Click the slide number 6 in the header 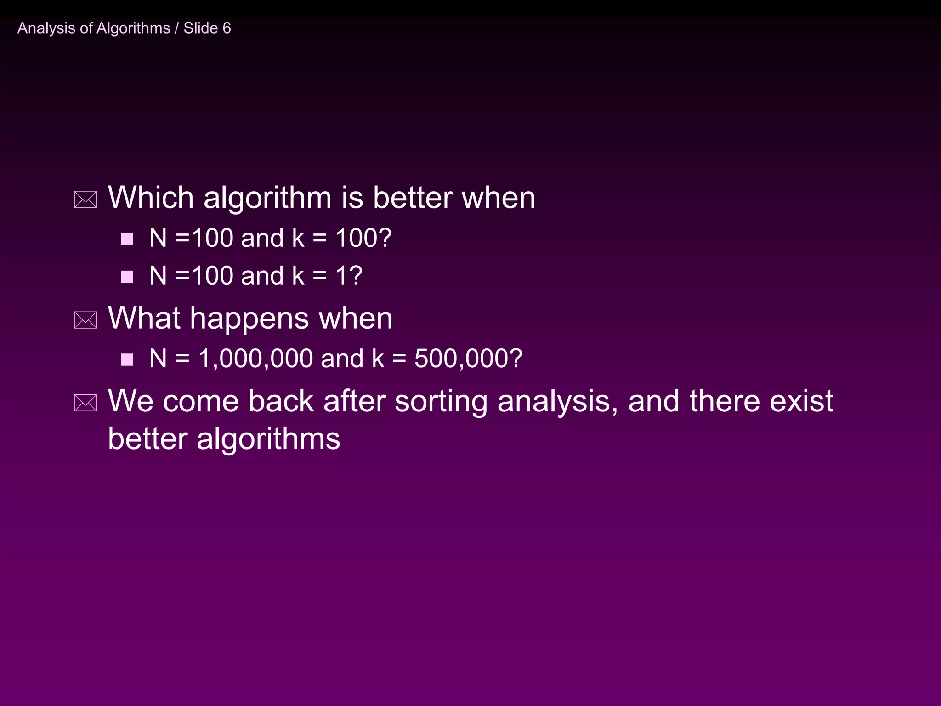coord(227,28)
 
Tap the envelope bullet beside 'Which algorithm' coord(85,200)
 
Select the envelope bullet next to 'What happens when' coord(85,320)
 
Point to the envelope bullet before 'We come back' coord(85,403)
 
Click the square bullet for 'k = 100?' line coord(127,239)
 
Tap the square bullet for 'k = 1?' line coord(127,277)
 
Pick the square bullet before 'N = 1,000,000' coord(127,359)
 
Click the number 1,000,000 coord(255,359)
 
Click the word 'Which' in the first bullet coord(151,198)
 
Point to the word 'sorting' coord(441,402)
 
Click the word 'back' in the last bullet coord(281,401)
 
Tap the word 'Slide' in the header coord(201,28)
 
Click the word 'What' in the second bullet coord(144,318)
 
